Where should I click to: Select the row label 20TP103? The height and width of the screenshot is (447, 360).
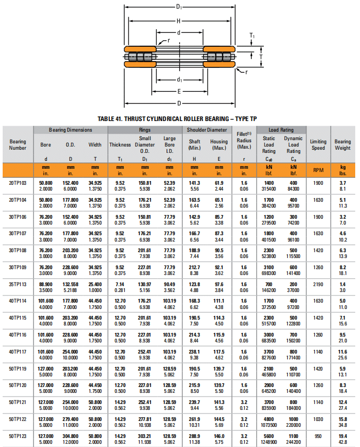point(18,182)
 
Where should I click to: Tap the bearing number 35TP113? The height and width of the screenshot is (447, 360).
point(18,284)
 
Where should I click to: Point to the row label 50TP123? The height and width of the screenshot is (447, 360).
point(18,435)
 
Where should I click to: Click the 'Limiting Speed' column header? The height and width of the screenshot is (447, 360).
point(318,144)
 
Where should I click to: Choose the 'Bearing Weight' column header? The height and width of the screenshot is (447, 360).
point(342,144)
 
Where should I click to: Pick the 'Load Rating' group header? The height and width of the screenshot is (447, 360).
point(281,130)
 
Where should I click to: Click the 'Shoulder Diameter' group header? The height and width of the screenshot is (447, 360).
point(207,130)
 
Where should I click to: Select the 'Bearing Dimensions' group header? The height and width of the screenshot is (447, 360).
point(71,130)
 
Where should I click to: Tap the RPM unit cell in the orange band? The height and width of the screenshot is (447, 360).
point(318,170)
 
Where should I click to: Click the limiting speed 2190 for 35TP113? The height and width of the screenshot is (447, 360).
point(318,284)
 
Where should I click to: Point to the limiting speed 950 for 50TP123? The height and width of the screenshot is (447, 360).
point(318,435)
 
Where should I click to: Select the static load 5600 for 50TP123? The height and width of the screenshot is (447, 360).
point(269,435)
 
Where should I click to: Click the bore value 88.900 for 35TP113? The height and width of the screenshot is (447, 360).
point(46,284)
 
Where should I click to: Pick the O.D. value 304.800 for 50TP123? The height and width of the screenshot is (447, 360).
point(71,435)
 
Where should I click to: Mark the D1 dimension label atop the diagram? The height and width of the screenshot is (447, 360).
point(179,6)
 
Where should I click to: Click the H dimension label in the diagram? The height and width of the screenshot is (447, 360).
point(179,21)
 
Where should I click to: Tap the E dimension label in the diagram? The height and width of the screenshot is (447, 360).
point(179,91)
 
